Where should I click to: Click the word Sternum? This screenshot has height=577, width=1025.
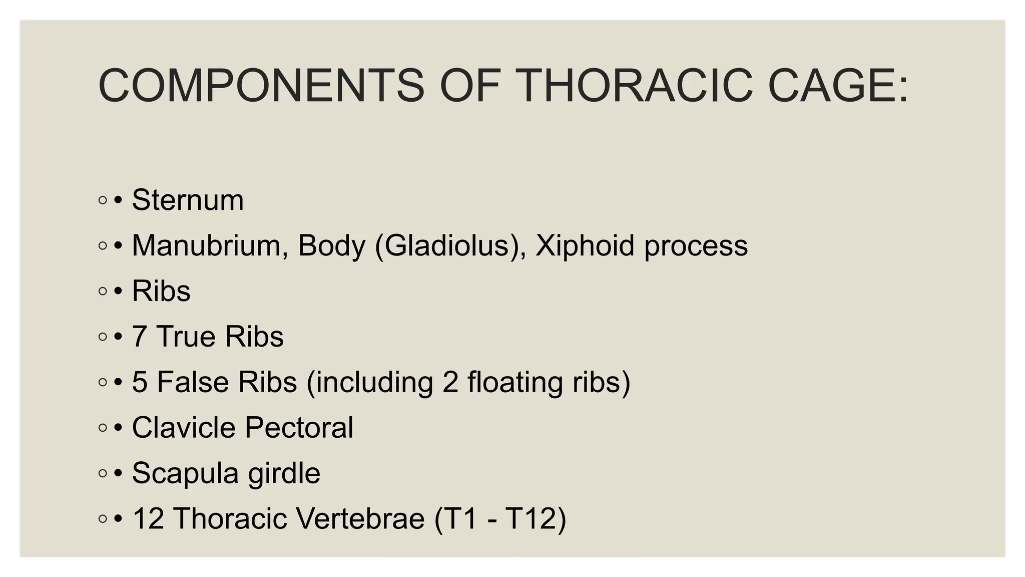pos(188,200)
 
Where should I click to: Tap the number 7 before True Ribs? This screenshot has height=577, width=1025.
pos(140,336)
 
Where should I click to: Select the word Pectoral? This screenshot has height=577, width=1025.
pos(299,427)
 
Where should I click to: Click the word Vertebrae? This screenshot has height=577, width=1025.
pos(360,518)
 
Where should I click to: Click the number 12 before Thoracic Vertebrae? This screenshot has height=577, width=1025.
pos(148,518)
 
